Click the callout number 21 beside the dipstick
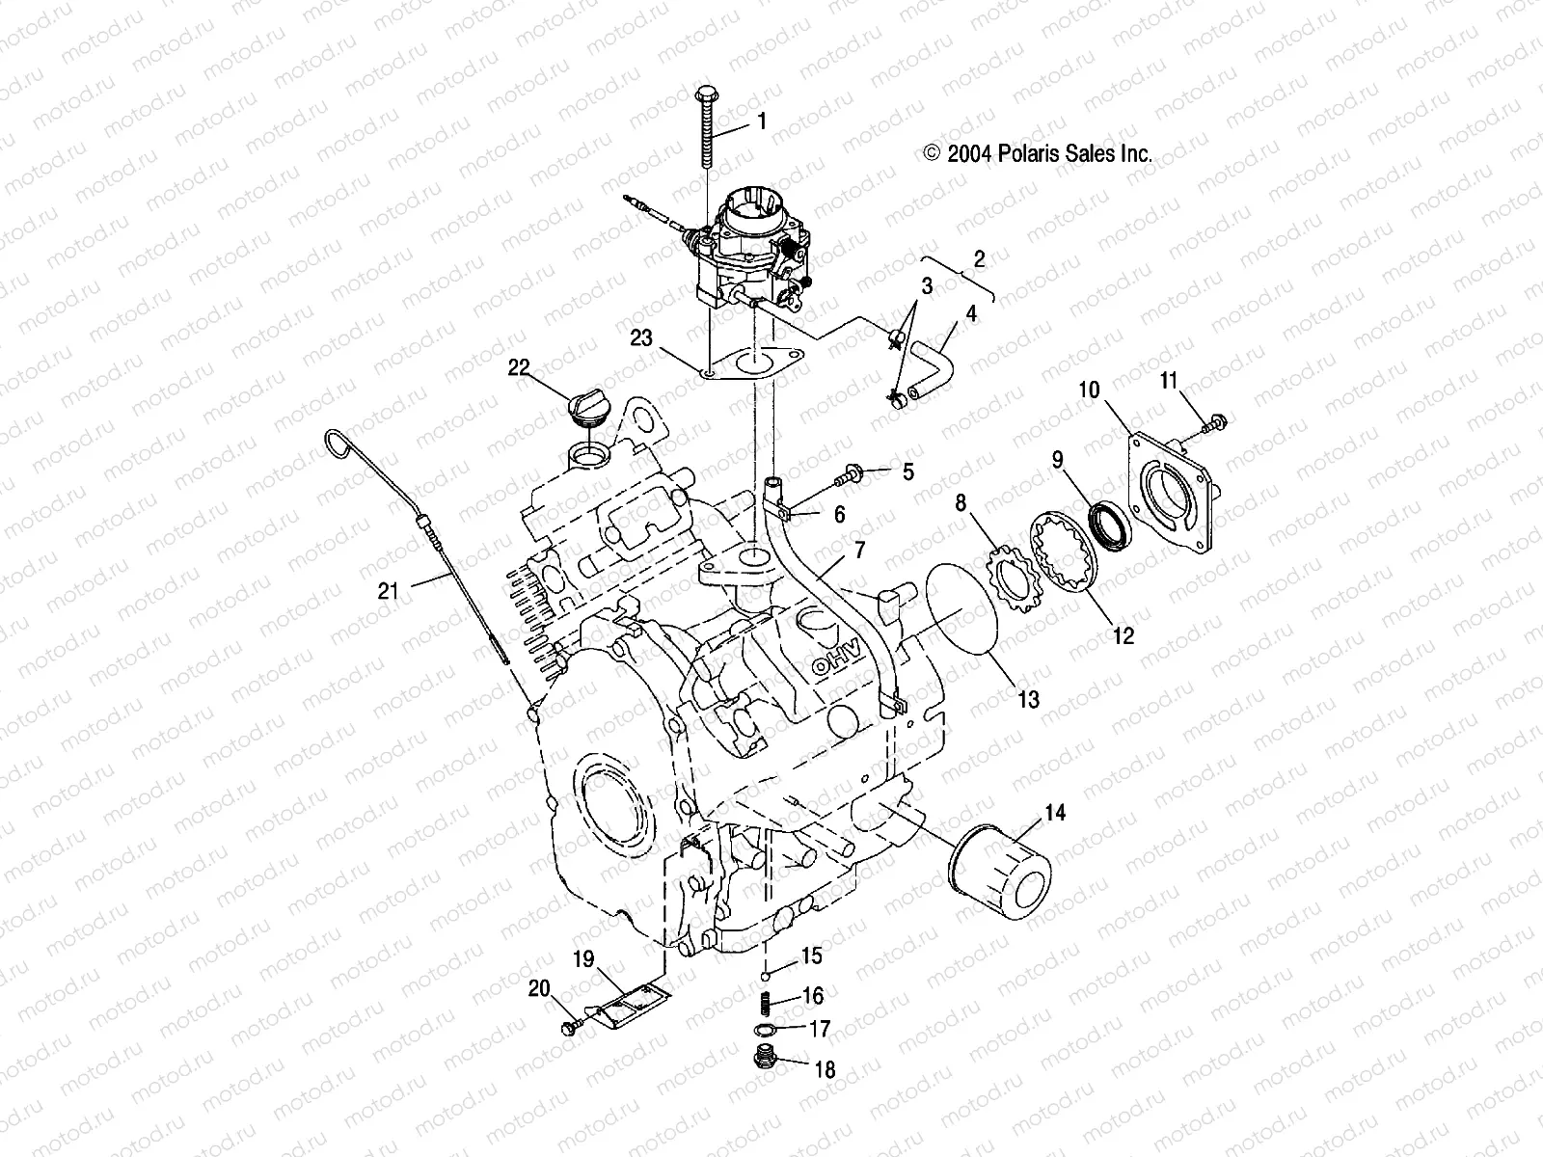[388, 592]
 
